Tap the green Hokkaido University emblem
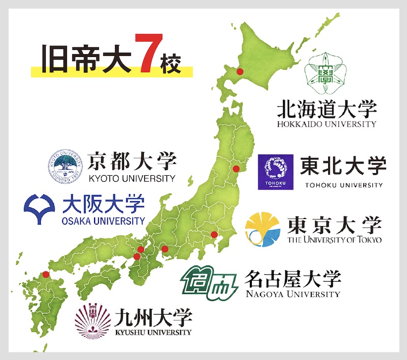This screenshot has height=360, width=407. tap(324, 74)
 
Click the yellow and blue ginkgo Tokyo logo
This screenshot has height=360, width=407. tap(263, 229)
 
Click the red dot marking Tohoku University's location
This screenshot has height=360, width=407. tap(236, 169)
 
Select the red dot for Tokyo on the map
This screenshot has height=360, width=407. tap(214, 235)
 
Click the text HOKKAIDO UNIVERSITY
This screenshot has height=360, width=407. tap(326, 124)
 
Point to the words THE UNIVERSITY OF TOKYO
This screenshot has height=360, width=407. tap(334, 240)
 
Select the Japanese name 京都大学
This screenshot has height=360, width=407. tap(132, 161)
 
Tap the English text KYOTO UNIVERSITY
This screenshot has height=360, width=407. tap(131, 178)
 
